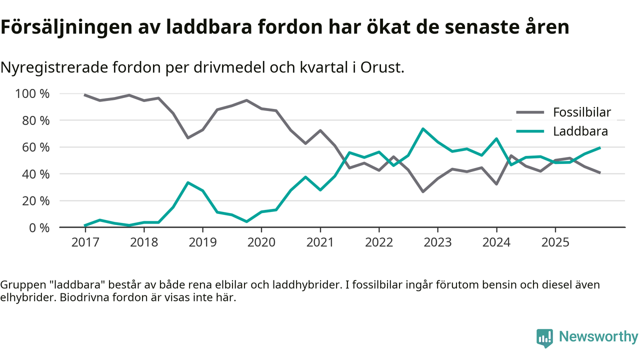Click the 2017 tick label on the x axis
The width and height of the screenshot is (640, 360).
pyautogui.click(x=85, y=242)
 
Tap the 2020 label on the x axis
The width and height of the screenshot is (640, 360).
pyautogui.click(x=261, y=242)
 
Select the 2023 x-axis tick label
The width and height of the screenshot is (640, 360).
pyautogui.click(x=437, y=242)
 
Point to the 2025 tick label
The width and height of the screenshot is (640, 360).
pyautogui.click(x=555, y=242)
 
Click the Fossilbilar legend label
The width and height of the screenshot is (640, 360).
pyautogui.click(x=581, y=112)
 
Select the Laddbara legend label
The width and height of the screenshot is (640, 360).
pyautogui.click(x=580, y=131)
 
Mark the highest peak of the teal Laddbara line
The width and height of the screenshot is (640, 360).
pyautogui.click(x=423, y=129)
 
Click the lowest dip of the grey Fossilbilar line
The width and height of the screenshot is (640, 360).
pyautogui.click(x=423, y=191)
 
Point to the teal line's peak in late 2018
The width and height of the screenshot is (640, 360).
pyautogui.click(x=187, y=182)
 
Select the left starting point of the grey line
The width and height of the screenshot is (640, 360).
pyautogui.click(x=85, y=95)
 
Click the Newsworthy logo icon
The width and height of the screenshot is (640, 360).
pyautogui.click(x=544, y=337)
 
